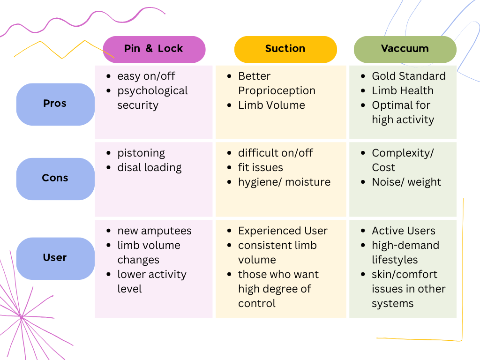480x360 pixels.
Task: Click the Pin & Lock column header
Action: [x=154, y=49]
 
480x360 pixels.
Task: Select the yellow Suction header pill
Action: [x=285, y=49]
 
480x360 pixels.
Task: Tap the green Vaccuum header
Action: [x=405, y=49]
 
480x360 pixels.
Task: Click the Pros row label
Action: [x=55, y=104]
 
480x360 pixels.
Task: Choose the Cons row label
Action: [x=55, y=178]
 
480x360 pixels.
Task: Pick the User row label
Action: [x=55, y=258]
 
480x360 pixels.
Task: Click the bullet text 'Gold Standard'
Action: [x=408, y=76]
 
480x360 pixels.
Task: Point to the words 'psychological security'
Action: [x=152, y=97]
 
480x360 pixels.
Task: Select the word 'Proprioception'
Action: [x=277, y=90]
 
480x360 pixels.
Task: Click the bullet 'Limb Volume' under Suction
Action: [x=271, y=105]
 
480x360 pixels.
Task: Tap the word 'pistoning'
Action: [x=141, y=153]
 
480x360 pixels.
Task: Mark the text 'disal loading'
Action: [x=149, y=167]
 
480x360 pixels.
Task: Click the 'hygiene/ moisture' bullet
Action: [x=284, y=182]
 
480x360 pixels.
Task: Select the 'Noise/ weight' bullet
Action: [x=406, y=182]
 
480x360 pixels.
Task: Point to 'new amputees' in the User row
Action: [x=154, y=231]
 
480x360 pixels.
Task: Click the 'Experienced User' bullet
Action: [x=283, y=231]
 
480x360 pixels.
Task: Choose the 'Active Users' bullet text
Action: [x=403, y=231]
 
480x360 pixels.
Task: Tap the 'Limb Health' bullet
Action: [x=402, y=90]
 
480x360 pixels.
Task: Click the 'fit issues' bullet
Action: [x=260, y=167]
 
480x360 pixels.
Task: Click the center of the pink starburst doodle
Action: [x=22, y=318]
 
